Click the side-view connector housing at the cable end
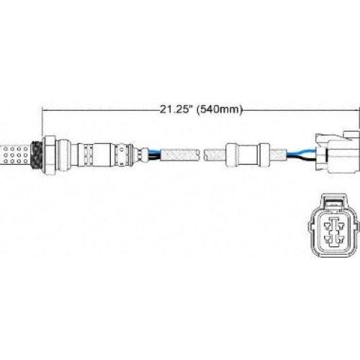[336, 153]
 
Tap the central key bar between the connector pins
[335, 234]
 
